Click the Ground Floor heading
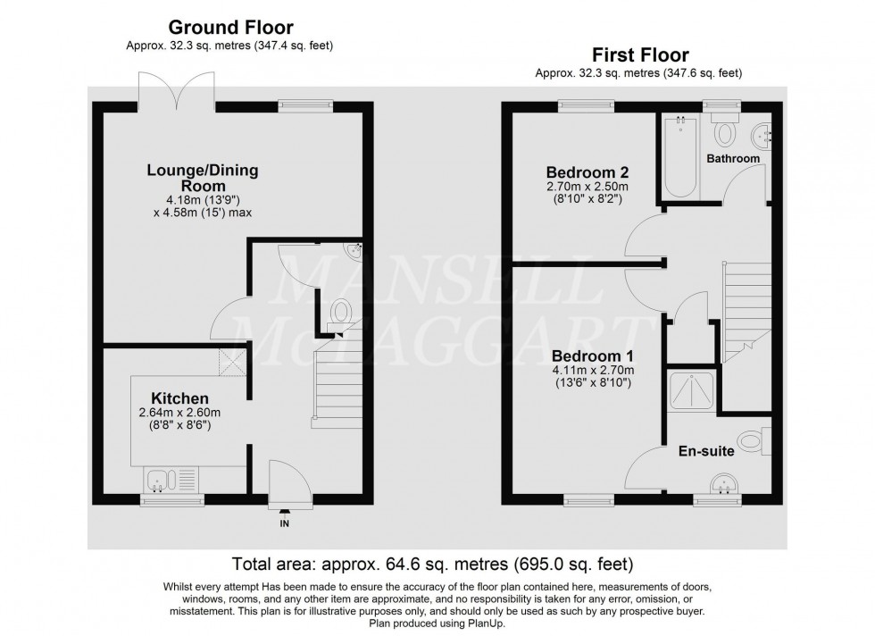pyautogui.click(x=231, y=29)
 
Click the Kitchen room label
pyautogui.click(x=179, y=397)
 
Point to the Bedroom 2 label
pyautogui.click(x=581, y=172)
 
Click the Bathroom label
pyautogui.click(x=733, y=158)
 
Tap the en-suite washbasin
pyautogui.click(x=724, y=485)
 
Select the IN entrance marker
pyautogui.click(x=286, y=522)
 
